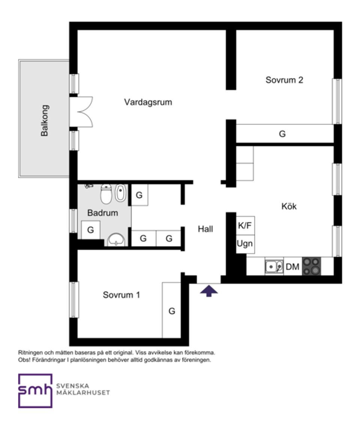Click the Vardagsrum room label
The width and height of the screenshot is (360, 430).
pyautogui.click(x=148, y=102)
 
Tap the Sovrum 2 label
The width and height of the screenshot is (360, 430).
pyautogui.click(x=284, y=80)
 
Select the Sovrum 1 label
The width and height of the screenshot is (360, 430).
pyautogui.click(x=121, y=295)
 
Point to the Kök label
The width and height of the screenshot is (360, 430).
pyautogui.click(x=289, y=206)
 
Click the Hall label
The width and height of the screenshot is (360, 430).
pyautogui.click(x=205, y=229)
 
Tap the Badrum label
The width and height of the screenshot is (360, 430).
pyautogui.click(x=103, y=213)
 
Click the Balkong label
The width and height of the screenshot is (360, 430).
pyautogui.click(x=45, y=120)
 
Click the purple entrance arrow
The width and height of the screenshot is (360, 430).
pyautogui.click(x=209, y=291)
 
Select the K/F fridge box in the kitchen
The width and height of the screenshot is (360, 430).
pyautogui.click(x=245, y=225)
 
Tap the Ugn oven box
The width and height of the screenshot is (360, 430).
pyautogui.click(x=245, y=243)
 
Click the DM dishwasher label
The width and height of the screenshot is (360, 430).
pyautogui.click(x=292, y=267)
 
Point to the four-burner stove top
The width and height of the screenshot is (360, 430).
pyautogui.click(x=312, y=266)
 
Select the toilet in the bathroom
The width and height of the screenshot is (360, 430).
pyautogui.click(x=106, y=194)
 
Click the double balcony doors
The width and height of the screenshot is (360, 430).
pyautogui.click(x=82, y=112)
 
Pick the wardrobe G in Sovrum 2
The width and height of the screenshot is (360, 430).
pyautogui.click(x=282, y=134)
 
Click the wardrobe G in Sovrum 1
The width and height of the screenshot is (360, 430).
pyautogui.click(x=172, y=311)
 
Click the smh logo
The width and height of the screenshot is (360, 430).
pyautogui.click(x=35, y=391)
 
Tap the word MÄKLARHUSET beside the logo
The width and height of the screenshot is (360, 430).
pyautogui.click(x=83, y=393)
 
